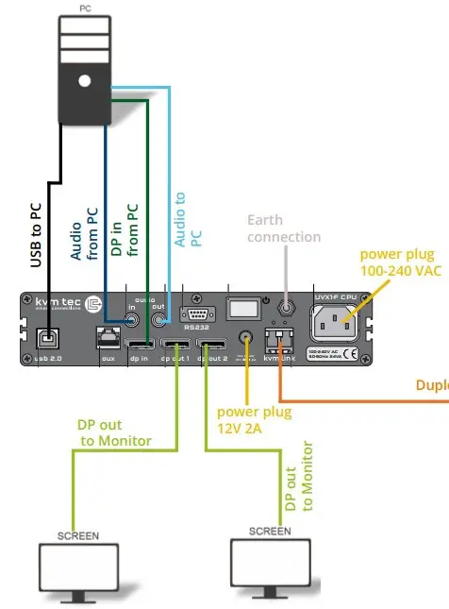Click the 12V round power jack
[247, 338]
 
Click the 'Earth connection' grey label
[284, 228]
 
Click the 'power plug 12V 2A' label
[254, 420]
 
